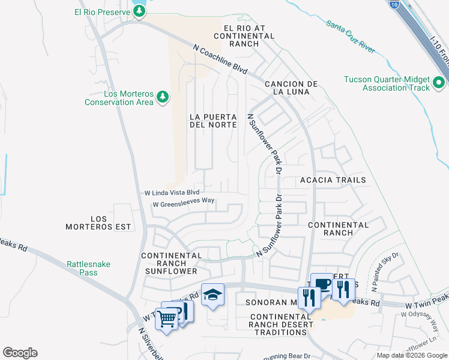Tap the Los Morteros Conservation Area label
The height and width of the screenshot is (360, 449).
coord(119,98)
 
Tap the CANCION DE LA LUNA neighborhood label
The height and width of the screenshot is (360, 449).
coord(291,88)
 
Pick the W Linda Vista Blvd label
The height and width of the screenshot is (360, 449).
coord(172,193)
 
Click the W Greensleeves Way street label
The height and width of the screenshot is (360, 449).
coord(184,205)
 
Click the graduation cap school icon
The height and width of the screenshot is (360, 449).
coord(212,294)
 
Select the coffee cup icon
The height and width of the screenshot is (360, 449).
coord(322,284)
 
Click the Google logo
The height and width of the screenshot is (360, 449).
coord(20,353)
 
